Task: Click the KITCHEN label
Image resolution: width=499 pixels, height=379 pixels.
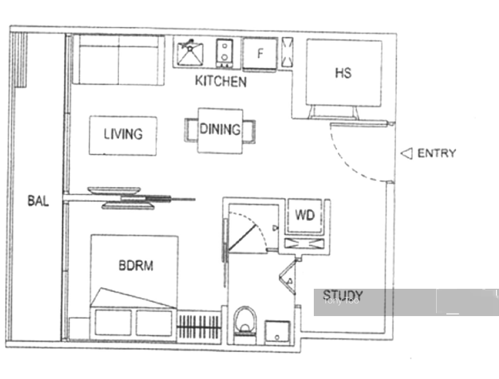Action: click(x=221, y=81)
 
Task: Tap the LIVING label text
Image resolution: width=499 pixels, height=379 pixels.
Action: click(x=123, y=134)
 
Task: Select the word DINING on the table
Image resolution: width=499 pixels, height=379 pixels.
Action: click(x=220, y=129)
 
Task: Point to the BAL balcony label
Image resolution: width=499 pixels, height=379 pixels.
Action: click(x=38, y=201)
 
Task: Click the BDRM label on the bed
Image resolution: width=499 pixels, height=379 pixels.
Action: click(x=136, y=265)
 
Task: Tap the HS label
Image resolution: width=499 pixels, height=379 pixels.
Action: click(x=344, y=73)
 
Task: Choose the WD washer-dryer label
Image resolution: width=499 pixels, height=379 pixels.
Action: click(x=305, y=215)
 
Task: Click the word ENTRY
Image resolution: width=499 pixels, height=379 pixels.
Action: click(x=437, y=153)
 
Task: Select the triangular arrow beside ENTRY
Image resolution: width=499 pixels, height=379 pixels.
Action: click(x=406, y=154)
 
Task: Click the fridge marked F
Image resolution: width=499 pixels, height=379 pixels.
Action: click(x=260, y=54)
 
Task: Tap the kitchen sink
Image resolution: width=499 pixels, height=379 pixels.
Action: click(x=190, y=53)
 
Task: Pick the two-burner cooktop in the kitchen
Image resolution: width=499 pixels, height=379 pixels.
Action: click(x=224, y=53)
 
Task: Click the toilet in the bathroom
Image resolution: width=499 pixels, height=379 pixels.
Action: click(x=245, y=324)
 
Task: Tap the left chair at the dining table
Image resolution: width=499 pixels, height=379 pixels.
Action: click(x=191, y=130)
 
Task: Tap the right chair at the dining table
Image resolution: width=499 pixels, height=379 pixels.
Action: click(x=249, y=132)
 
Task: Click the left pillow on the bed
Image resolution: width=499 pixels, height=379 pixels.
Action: click(x=113, y=322)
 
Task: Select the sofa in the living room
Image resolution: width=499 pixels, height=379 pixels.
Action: click(x=119, y=60)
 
